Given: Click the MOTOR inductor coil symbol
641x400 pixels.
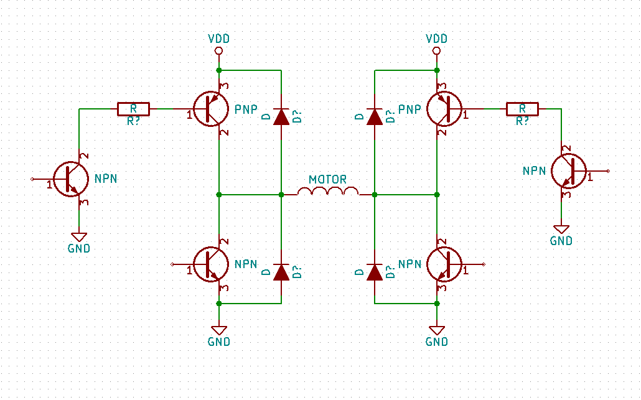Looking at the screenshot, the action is (328, 191).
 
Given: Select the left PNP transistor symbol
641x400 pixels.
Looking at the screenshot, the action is (210, 109).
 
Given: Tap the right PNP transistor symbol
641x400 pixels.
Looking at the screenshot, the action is (444, 109).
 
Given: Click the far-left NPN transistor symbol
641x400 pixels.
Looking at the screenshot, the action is (71, 179).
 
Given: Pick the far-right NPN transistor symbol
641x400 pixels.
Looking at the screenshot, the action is (569, 171).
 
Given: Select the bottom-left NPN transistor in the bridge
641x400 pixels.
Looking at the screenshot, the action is (210, 264).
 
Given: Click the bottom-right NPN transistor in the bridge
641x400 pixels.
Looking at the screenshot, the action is (444, 264).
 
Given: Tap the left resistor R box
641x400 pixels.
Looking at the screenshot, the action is (133, 109).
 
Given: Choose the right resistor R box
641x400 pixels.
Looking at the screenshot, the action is (523, 109).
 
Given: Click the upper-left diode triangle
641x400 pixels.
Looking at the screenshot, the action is (281, 117).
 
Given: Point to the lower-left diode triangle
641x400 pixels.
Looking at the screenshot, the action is (281, 272).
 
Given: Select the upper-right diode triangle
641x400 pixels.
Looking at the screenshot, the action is (375, 117).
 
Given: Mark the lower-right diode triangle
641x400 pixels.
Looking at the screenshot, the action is (375, 272).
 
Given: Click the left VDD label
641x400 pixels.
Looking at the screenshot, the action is (218, 39).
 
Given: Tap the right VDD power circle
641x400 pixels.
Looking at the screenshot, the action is (437, 50).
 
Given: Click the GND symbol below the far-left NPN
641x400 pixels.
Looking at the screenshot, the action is (79, 237).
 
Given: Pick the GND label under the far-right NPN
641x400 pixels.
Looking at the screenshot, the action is (561, 241).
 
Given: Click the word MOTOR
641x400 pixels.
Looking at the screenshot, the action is (328, 179).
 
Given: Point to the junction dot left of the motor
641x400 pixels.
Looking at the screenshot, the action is (281, 195).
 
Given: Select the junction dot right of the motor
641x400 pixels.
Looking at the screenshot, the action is (375, 195).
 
